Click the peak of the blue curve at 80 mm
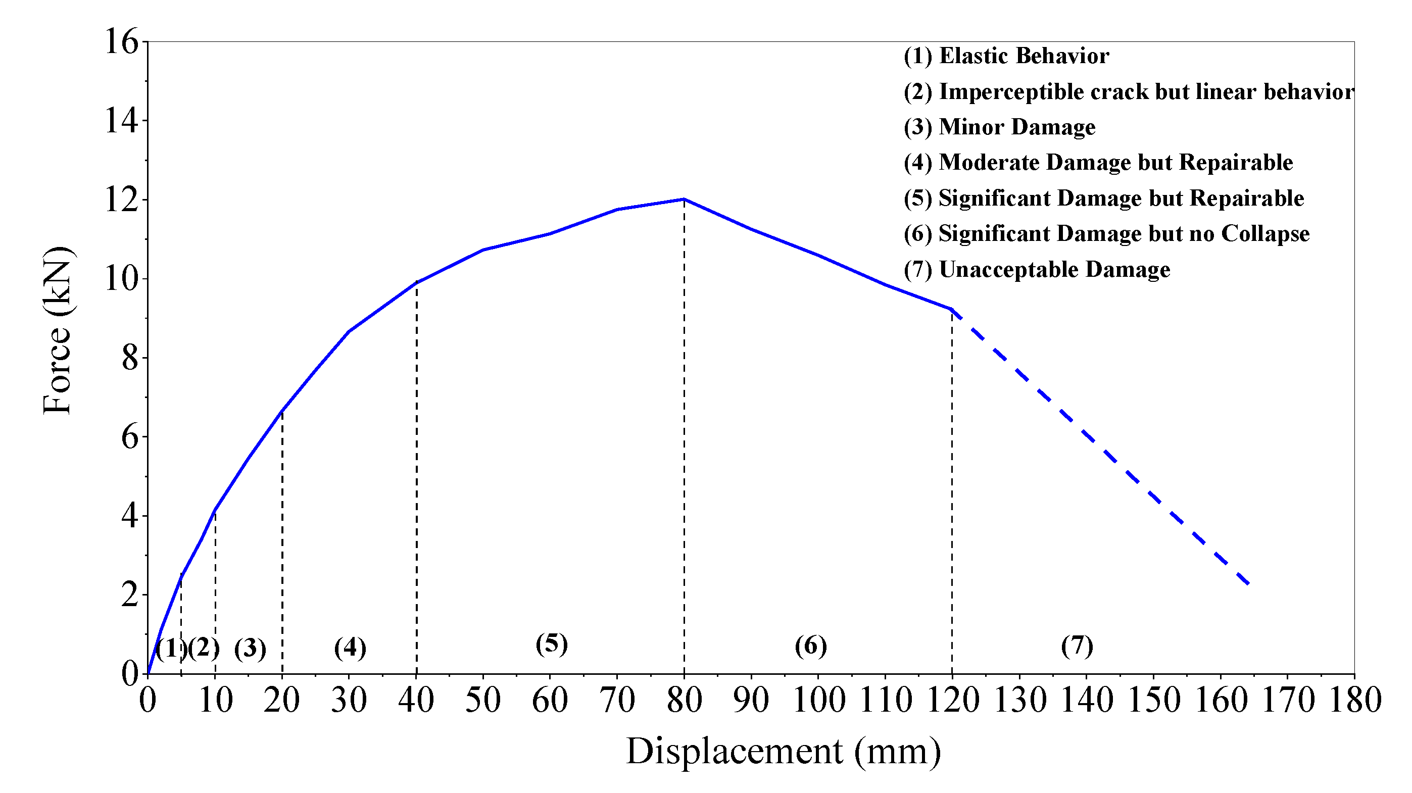[x=684, y=199]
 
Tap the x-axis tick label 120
[x=952, y=701]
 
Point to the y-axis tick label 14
[x=121, y=121]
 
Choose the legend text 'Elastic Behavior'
[x=1024, y=56]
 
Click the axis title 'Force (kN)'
[x=57, y=331]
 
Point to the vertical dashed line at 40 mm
[x=417, y=477]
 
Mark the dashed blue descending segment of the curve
[x=1102, y=450]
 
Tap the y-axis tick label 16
[x=121, y=41]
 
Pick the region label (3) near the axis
[x=250, y=649]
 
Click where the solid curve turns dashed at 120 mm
[x=952, y=309]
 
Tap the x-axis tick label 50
[x=483, y=701]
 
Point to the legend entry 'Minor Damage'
[x=999, y=127]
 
